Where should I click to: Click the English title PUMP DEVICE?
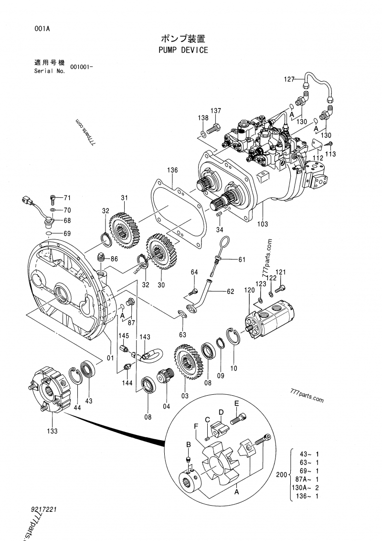tap(183, 50)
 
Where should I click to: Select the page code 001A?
tap(42, 29)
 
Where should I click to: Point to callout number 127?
tap(289, 79)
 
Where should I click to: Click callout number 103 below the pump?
tap(263, 224)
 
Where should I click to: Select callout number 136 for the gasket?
tap(172, 170)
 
